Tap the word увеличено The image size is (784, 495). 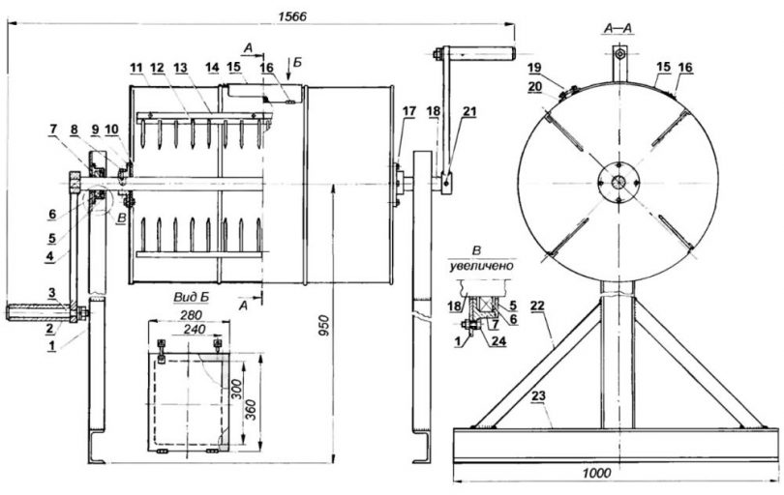(x=482, y=264)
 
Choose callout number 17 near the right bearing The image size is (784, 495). (x=409, y=112)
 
